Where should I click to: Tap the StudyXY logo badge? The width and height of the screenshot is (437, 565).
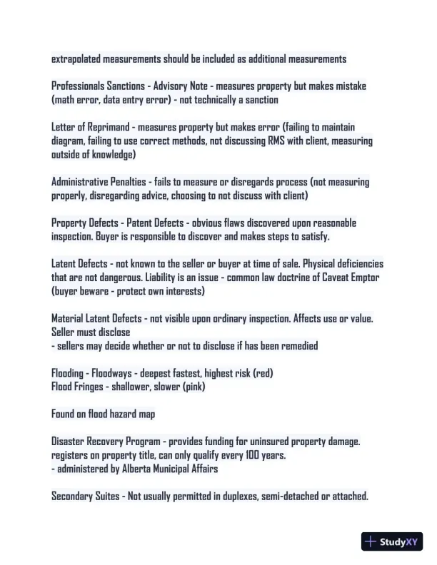(393, 541)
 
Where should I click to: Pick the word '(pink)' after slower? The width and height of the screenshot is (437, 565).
(211, 387)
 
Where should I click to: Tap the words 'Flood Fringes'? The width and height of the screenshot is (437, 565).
(77, 387)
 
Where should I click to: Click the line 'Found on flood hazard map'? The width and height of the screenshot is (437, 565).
(103, 414)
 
